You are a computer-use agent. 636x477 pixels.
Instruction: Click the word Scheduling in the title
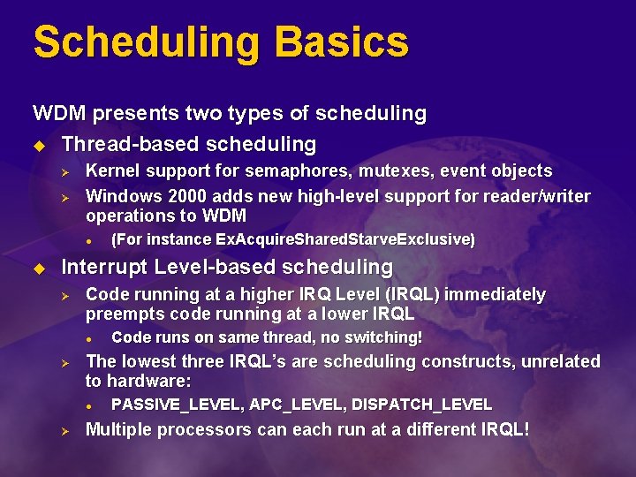[146, 42]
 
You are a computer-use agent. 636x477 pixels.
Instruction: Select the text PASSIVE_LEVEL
[178, 405]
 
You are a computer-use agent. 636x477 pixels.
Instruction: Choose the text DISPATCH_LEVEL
[421, 405]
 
